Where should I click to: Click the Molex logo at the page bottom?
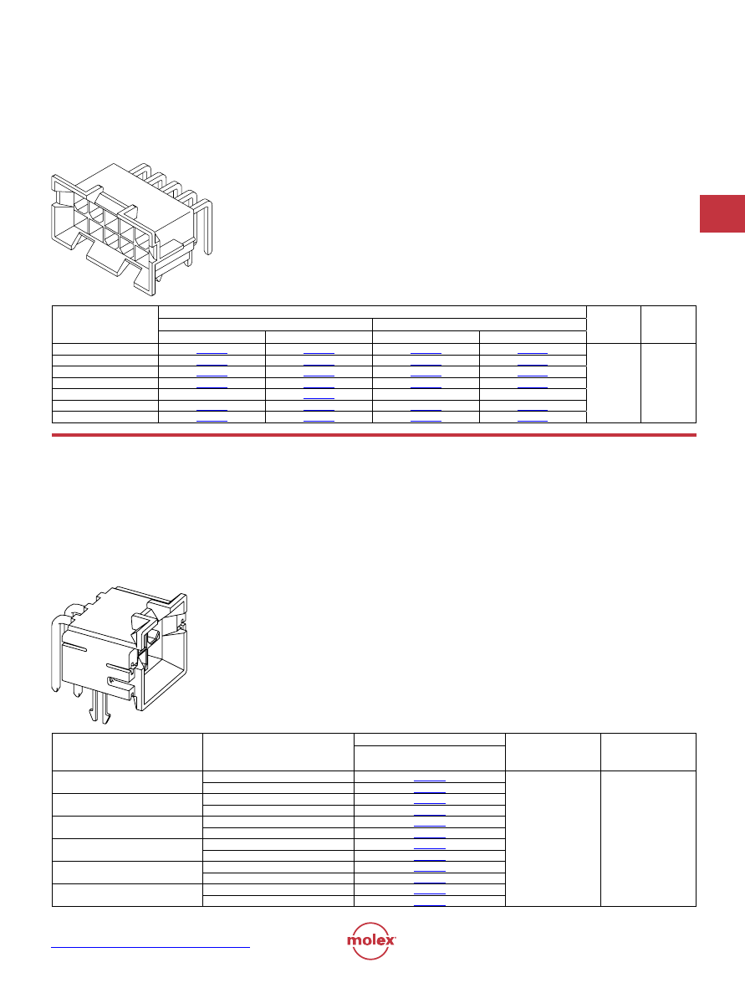click(371, 940)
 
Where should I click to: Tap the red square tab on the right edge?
click(722, 214)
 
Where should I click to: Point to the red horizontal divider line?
click(374, 434)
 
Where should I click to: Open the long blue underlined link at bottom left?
click(151, 947)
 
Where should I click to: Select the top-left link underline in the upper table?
click(212, 354)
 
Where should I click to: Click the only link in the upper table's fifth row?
click(319, 399)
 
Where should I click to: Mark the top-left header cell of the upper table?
click(105, 325)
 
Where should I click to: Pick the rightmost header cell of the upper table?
click(669, 325)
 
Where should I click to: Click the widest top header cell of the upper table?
click(372, 312)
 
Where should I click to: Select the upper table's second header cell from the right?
click(614, 325)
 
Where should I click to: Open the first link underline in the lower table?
click(430, 781)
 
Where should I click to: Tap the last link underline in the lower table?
click(430, 905)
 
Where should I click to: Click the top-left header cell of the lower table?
click(127, 751)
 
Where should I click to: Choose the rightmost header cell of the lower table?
click(649, 751)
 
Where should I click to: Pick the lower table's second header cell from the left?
click(278, 751)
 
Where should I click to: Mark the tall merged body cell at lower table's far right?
click(649, 838)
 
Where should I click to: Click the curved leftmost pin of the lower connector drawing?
click(55, 652)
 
